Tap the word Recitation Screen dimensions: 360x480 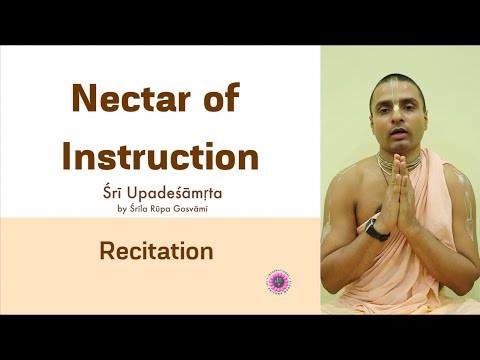[x=156, y=251]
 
